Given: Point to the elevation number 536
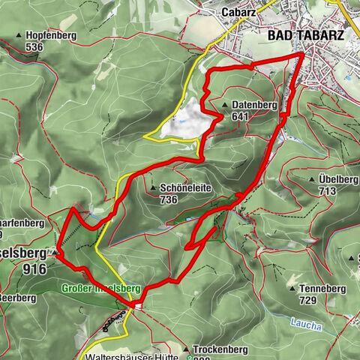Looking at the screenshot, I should pos(34,46).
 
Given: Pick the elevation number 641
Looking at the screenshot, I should pos(240,116).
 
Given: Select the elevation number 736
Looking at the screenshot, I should pos(168,200).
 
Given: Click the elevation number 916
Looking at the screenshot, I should pos(34,268).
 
